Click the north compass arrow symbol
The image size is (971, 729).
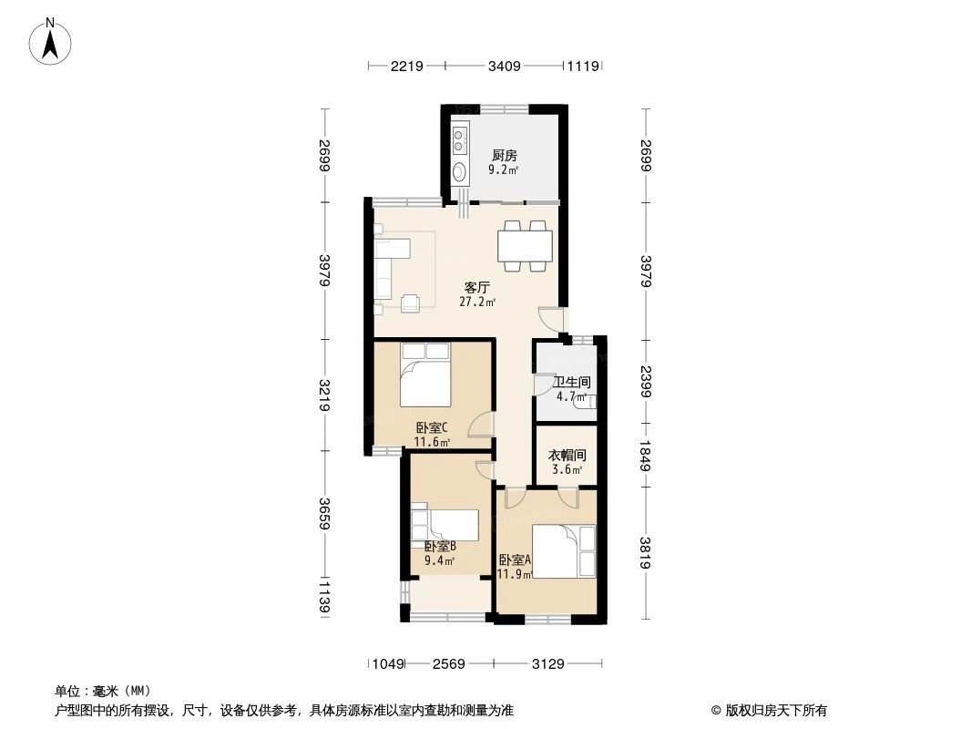click(x=52, y=41)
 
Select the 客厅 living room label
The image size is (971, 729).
click(x=477, y=286)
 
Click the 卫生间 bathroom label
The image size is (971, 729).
click(x=571, y=383)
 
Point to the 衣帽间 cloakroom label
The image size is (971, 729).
click(x=567, y=456)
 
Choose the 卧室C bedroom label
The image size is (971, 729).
click(x=433, y=427)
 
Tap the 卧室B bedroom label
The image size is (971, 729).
click(x=440, y=546)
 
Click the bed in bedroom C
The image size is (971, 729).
click(x=425, y=375)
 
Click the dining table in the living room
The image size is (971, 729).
click(x=525, y=245)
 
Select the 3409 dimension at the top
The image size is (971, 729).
click(x=504, y=66)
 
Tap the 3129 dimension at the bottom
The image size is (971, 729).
click(x=548, y=663)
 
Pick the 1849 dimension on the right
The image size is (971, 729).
click(x=646, y=453)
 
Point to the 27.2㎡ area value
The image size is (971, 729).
click(x=477, y=302)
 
